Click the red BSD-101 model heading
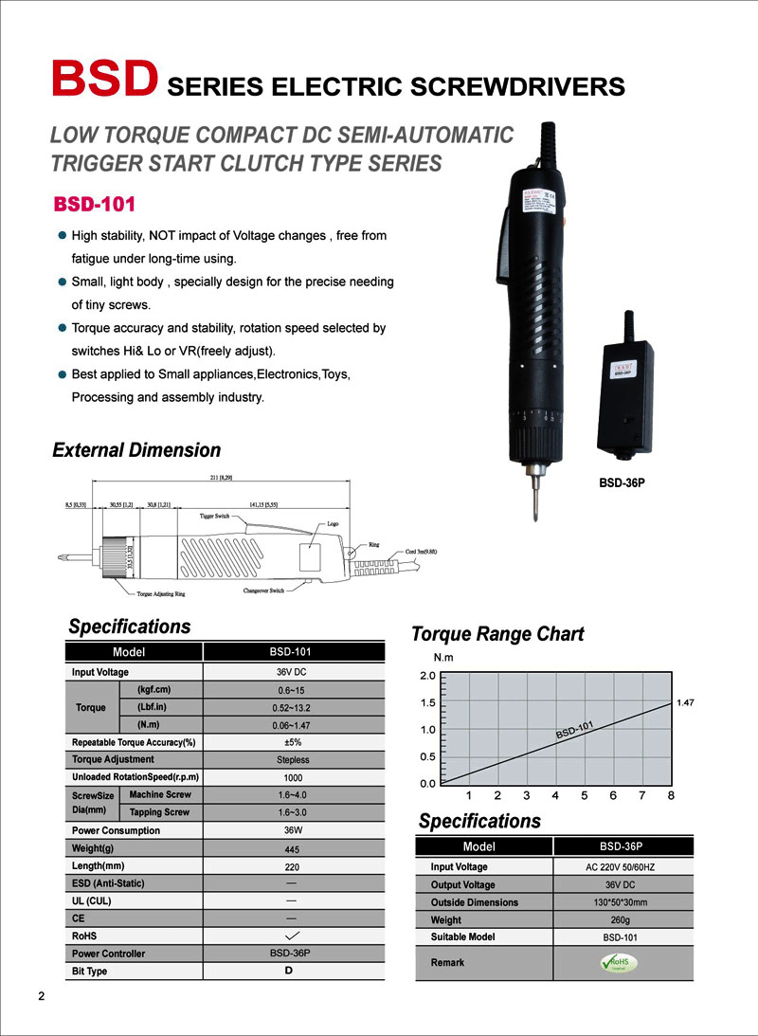(95, 205)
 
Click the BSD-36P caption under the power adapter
(622, 482)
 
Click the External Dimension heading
(136, 450)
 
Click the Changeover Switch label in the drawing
(263, 591)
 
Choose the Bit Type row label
(90, 972)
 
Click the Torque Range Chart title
(497, 634)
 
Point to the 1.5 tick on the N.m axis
(426, 703)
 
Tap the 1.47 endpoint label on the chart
(686, 702)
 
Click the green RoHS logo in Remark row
(622, 962)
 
